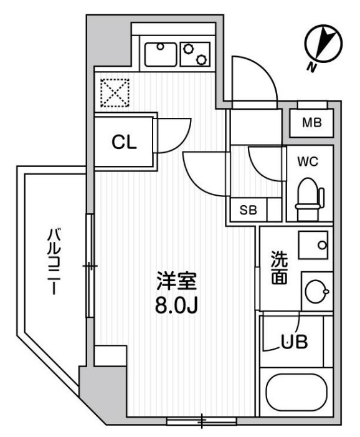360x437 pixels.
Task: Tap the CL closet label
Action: click(123, 143)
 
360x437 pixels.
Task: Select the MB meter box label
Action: click(311, 123)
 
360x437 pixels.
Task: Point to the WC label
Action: click(308, 162)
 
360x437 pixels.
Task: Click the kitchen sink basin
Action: click(161, 54)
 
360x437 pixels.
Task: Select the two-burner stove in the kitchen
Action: click(196, 54)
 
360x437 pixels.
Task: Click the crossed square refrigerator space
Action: click(114, 93)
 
